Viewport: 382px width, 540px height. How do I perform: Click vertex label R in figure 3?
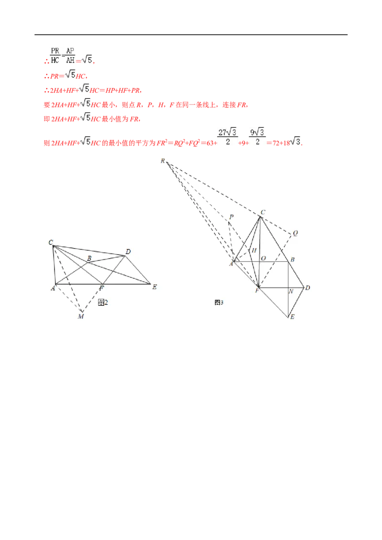click(x=163, y=161)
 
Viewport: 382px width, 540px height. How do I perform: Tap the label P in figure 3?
click(x=231, y=217)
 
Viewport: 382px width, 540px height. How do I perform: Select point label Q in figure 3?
click(x=295, y=233)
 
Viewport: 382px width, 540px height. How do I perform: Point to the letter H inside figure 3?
click(x=254, y=250)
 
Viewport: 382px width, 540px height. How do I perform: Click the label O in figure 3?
click(x=264, y=258)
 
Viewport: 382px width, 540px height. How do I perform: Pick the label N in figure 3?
click(x=291, y=291)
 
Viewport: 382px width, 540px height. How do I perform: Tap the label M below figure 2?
click(x=81, y=316)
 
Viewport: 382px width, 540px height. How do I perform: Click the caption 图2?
click(x=103, y=302)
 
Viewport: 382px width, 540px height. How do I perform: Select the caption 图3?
click(x=219, y=302)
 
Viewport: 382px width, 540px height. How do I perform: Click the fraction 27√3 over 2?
click(x=228, y=137)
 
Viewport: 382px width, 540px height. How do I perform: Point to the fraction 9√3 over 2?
click(x=257, y=137)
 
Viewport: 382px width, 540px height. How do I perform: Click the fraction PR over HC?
click(x=55, y=55)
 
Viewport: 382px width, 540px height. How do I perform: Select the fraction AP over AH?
click(x=70, y=55)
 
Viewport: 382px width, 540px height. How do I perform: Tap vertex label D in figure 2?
click(x=128, y=252)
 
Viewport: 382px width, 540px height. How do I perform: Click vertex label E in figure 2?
click(x=154, y=287)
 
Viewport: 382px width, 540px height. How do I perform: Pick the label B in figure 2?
click(x=89, y=258)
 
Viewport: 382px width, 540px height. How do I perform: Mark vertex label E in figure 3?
click(x=292, y=317)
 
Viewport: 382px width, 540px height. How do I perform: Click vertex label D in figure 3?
click(x=308, y=288)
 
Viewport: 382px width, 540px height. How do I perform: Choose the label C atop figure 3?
click(x=263, y=212)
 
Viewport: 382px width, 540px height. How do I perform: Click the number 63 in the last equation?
click(x=210, y=143)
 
